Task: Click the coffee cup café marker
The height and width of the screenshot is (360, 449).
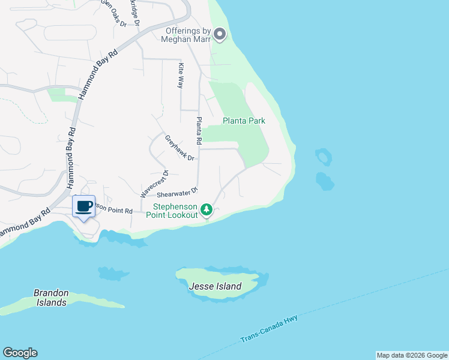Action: tap(84, 206)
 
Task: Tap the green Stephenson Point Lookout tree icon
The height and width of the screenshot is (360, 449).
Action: tap(206, 209)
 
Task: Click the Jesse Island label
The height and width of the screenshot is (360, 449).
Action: tap(215, 286)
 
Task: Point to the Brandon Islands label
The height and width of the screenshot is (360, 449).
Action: tap(51, 298)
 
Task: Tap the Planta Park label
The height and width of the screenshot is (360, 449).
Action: tap(244, 121)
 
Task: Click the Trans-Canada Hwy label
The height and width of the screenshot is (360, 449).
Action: tap(269, 329)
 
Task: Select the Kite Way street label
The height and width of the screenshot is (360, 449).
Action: tap(179, 74)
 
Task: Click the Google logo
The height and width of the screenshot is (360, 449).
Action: tap(20, 353)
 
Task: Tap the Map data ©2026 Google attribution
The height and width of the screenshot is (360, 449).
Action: tap(412, 355)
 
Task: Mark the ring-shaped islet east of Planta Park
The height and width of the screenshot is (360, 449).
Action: tap(324, 157)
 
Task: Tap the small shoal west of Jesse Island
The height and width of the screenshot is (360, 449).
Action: tap(110, 274)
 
